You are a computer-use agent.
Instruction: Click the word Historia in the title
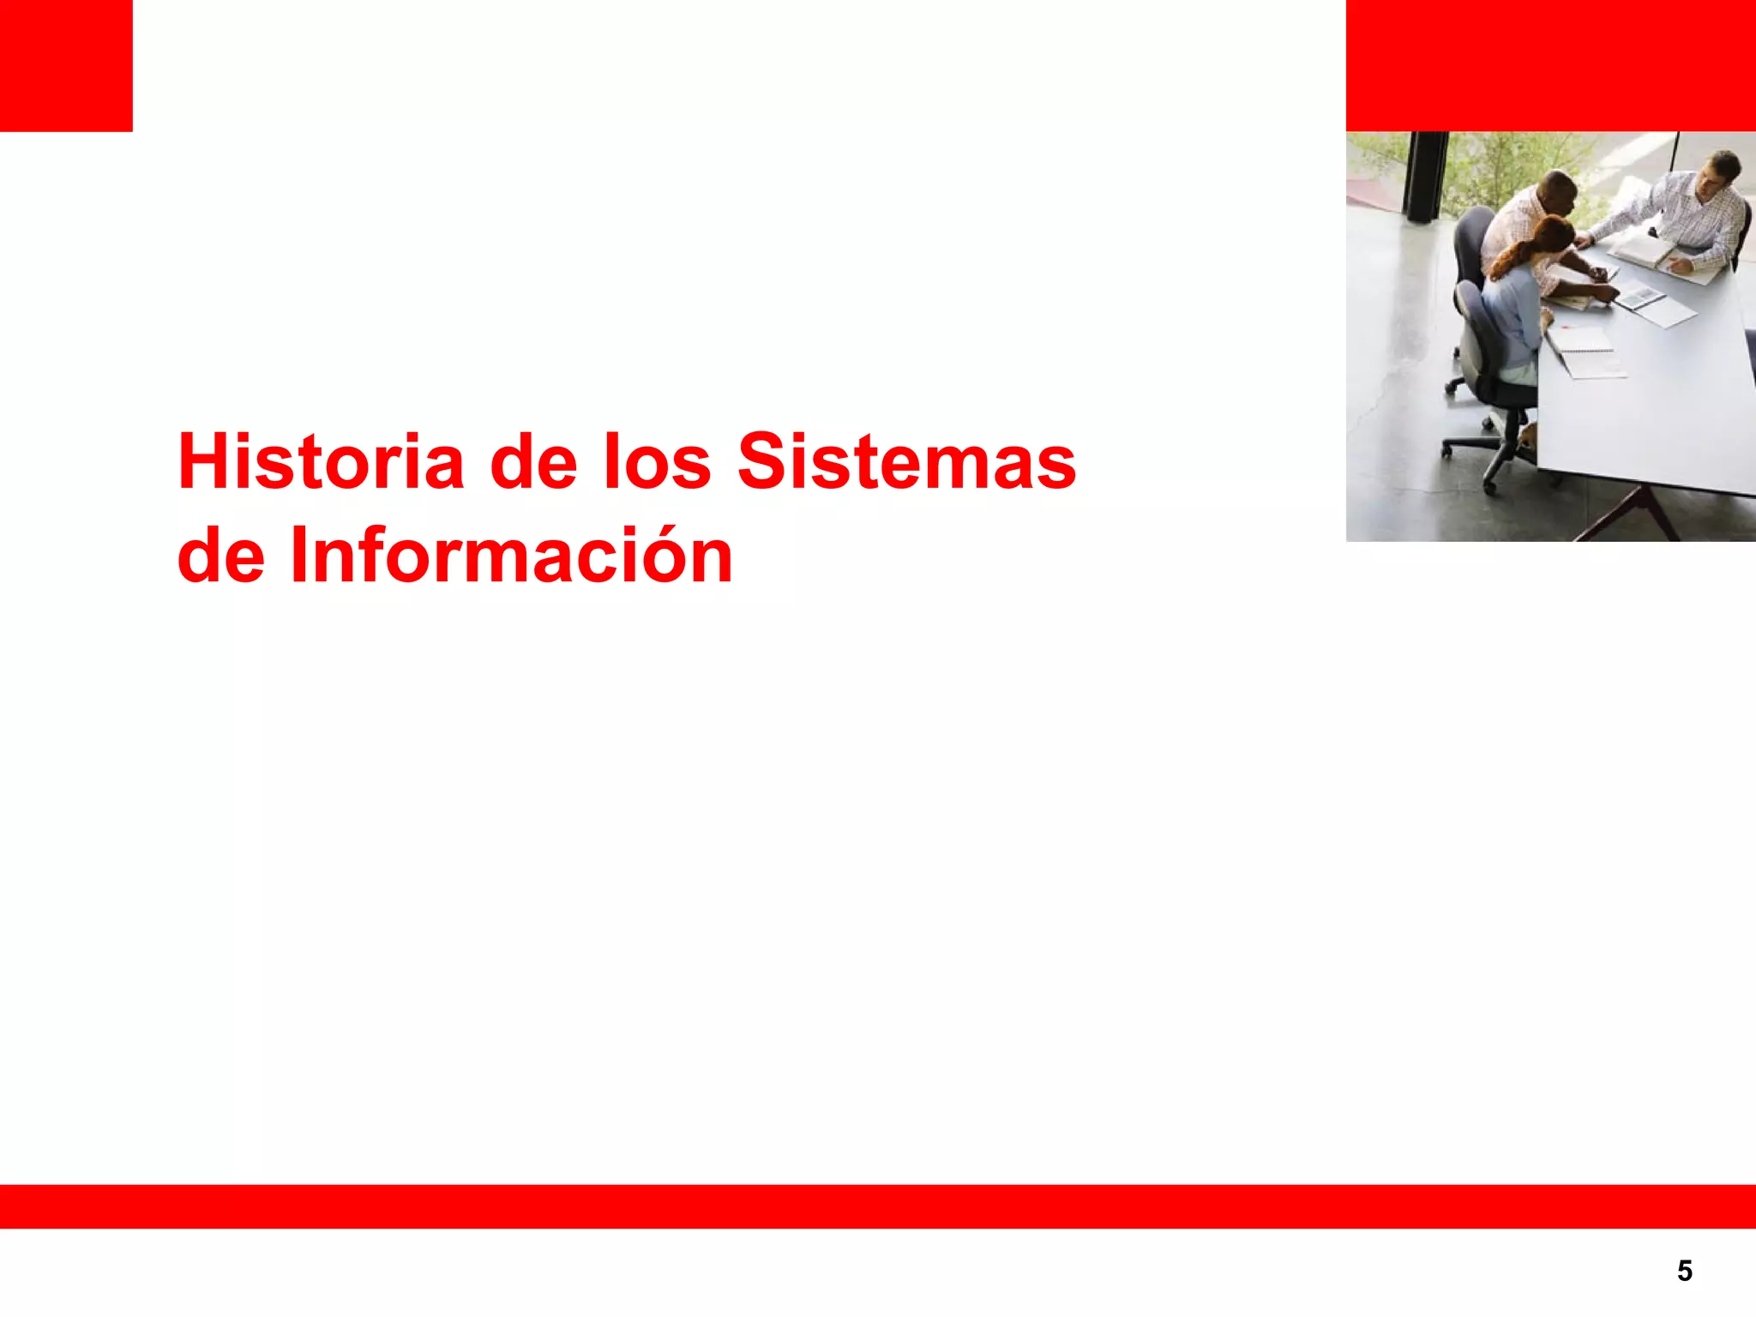321,462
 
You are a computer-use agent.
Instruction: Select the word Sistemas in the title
906,462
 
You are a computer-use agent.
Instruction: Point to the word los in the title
657,462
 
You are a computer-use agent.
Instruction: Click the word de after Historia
532,462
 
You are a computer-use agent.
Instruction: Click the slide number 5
1684,1271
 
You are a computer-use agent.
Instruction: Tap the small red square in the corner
66,65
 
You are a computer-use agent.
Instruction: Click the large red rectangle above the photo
1550,65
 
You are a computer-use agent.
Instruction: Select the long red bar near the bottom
878,1206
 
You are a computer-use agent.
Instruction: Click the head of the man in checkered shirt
1722,171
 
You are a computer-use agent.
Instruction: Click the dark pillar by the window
1425,176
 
